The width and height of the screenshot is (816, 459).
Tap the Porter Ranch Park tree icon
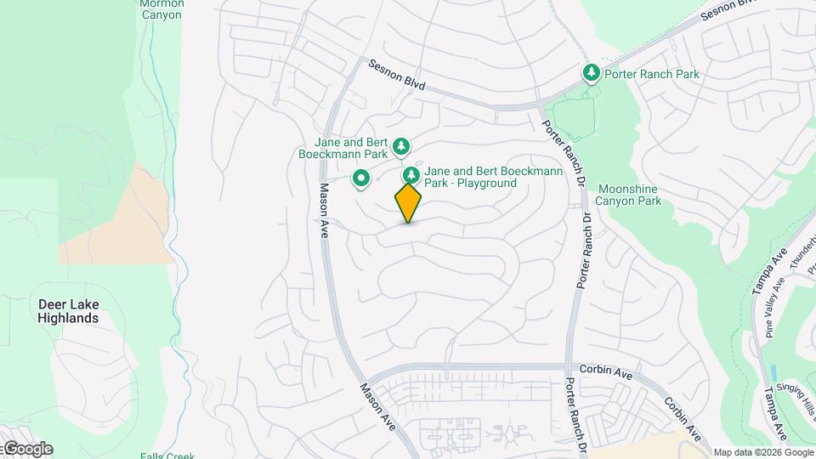(592, 74)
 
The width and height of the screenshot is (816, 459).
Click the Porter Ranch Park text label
(652, 74)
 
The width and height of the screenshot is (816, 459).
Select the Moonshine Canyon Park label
(629, 195)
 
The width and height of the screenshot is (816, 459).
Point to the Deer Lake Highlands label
(68, 310)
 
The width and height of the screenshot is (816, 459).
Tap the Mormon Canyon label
(161, 9)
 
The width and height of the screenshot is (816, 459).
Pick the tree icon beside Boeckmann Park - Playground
(411, 176)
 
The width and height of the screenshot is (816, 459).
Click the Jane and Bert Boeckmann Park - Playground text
(481, 177)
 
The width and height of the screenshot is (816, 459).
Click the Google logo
(27, 449)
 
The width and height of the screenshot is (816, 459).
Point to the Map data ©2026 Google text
(762, 452)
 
